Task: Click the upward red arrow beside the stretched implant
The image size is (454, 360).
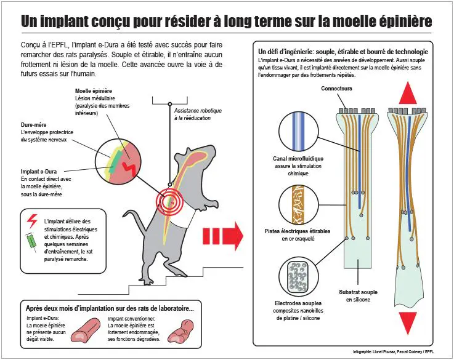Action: click(x=408, y=93)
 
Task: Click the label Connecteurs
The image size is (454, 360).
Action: click(x=336, y=89)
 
